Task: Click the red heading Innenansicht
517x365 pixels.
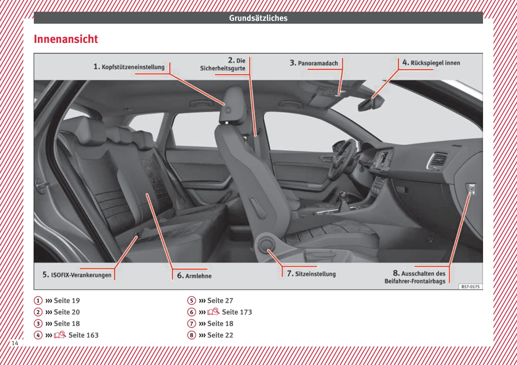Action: point(66,39)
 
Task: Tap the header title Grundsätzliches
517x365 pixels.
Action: point(258,18)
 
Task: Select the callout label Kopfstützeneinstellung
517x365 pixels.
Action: point(133,67)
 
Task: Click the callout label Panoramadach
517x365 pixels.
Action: point(318,63)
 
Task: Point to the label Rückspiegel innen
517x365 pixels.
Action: point(435,63)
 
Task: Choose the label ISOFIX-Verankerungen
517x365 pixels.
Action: point(81,275)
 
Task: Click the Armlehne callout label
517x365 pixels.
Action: point(198,276)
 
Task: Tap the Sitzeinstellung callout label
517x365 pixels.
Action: point(315,274)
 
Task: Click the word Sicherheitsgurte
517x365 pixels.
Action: point(223,68)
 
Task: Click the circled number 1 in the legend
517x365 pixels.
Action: point(38,300)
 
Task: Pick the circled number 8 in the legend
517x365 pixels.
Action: point(192,335)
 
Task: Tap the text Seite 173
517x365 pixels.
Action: point(237,312)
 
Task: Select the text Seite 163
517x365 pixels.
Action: point(83,335)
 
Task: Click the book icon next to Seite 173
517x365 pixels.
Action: point(213,312)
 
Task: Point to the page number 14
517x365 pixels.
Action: point(15,343)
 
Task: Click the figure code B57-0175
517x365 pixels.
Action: point(470,287)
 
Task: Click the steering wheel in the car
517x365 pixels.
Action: point(342,160)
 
